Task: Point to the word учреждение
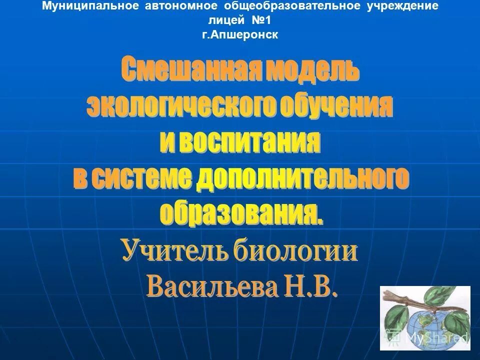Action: [399, 6]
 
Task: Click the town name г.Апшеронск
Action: [240, 34]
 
